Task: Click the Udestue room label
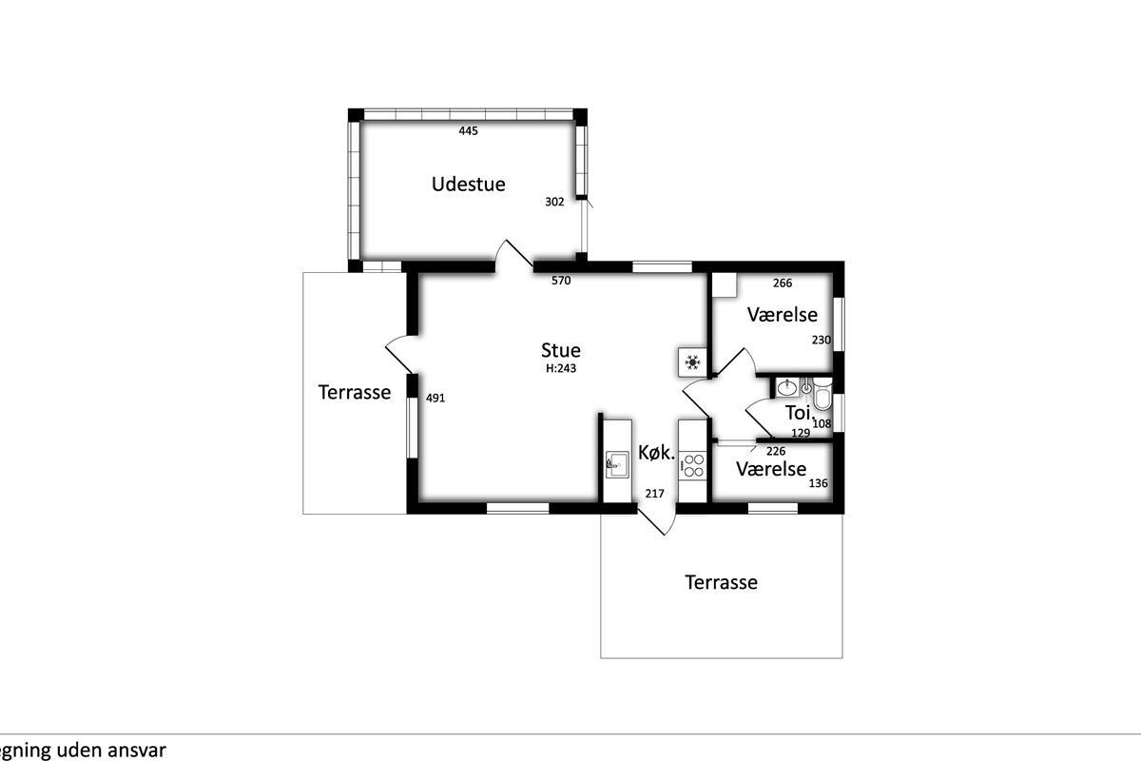(468, 184)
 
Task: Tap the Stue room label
(560, 350)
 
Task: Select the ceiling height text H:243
(561, 368)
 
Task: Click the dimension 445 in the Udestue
(468, 131)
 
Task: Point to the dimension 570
(561, 281)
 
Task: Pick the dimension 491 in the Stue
(435, 398)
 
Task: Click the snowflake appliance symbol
(692, 362)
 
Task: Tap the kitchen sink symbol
(617, 464)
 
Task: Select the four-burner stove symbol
(693, 466)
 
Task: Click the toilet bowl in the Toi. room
(822, 394)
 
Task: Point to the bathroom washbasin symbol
(787, 388)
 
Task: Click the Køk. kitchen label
(657, 452)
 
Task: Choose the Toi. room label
(798, 413)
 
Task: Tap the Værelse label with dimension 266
(783, 315)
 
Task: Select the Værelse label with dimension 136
(771, 469)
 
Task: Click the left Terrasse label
(355, 392)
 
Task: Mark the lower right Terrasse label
(721, 582)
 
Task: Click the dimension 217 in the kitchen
(654, 494)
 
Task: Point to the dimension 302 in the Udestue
(554, 202)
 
